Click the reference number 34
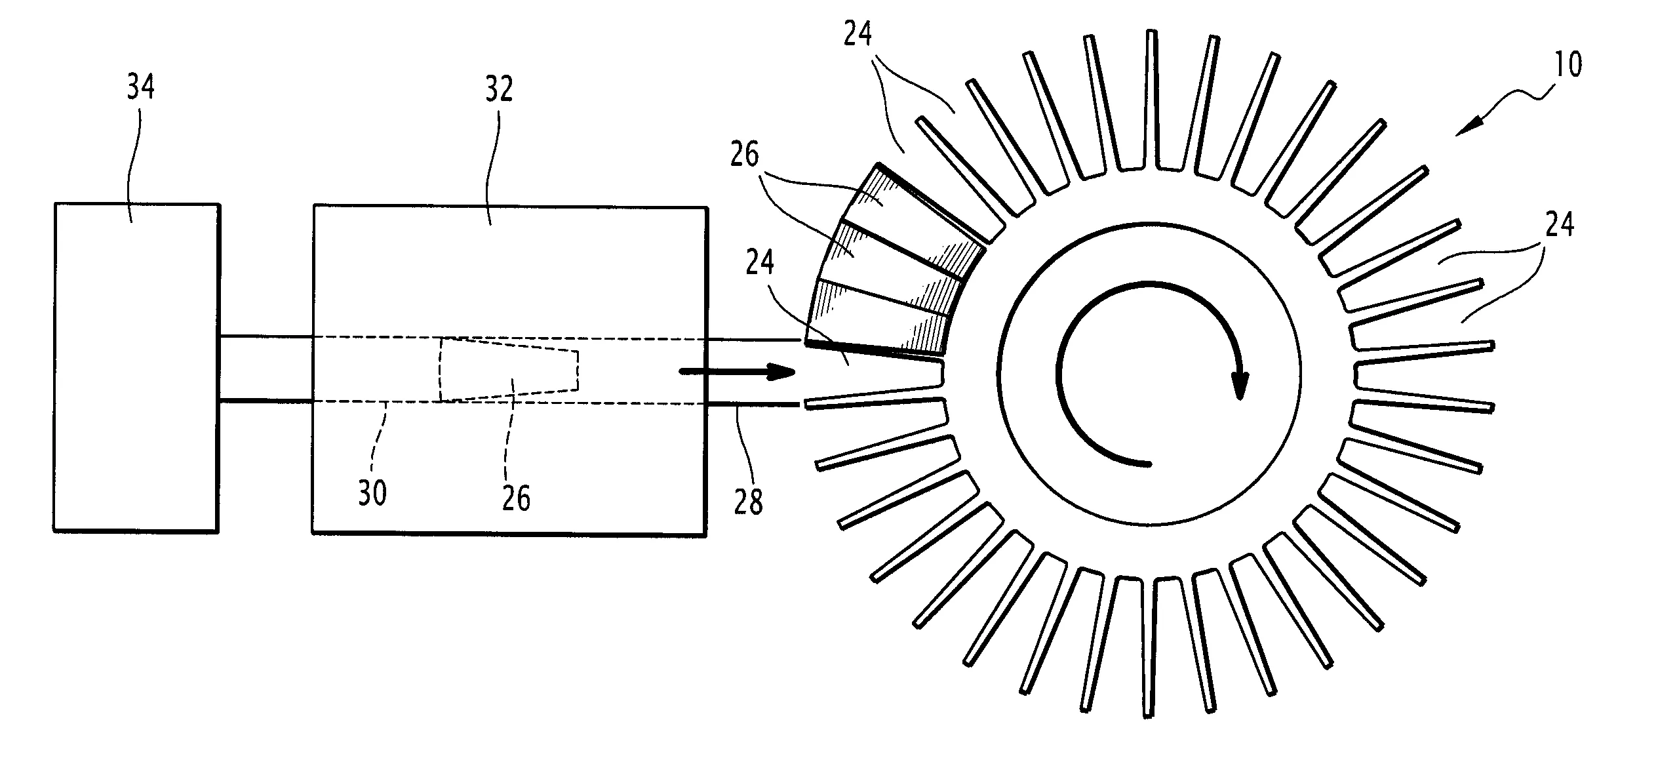[140, 87]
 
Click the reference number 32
[498, 90]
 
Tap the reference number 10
[1568, 64]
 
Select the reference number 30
[372, 492]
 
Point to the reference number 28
[749, 502]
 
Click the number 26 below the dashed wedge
[516, 498]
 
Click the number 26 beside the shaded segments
[744, 155]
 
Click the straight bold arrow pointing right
[737, 372]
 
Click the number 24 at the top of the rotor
[858, 34]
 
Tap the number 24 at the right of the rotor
[1559, 224]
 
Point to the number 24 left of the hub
[760, 261]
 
